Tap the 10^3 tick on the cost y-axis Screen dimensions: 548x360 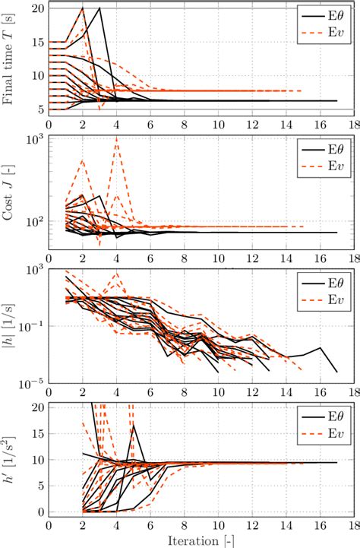pos(36,138)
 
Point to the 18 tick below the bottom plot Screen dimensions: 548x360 pos(354,524)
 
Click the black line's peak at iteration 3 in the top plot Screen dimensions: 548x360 pos(99,8)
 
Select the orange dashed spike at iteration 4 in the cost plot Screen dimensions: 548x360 pos(116,138)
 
